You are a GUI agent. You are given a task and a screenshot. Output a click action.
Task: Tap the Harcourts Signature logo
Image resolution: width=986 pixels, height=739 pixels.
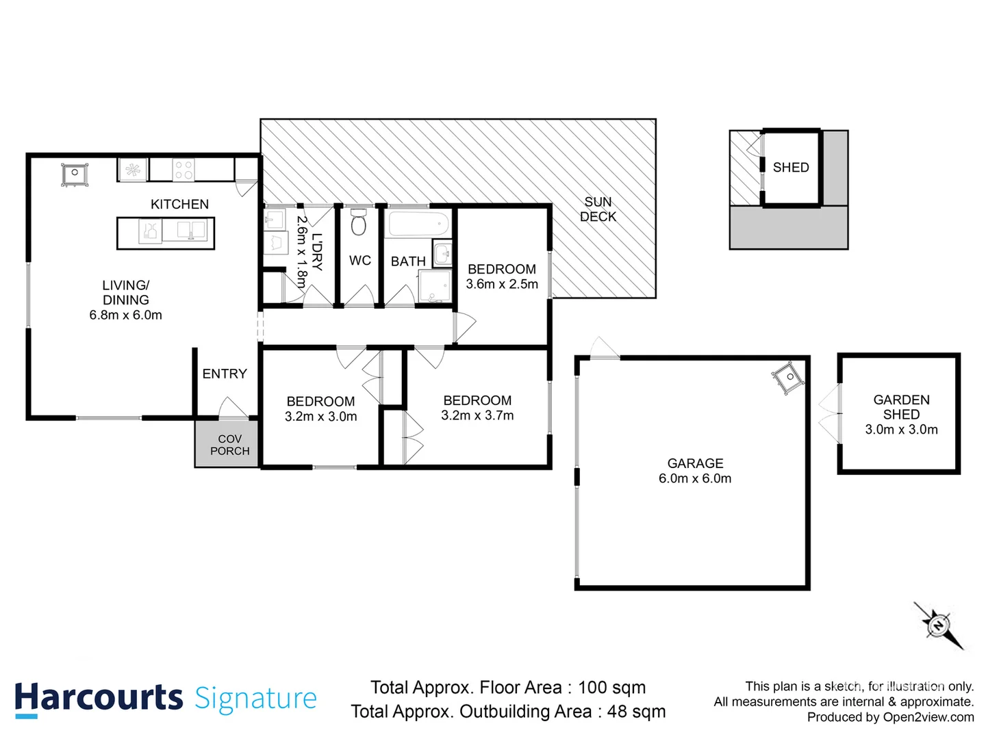click(166, 699)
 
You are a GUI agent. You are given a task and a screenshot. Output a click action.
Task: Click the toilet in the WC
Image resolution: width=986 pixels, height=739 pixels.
click(359, 222)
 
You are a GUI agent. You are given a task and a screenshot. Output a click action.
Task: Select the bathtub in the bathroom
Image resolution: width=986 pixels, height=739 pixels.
click(417, 224)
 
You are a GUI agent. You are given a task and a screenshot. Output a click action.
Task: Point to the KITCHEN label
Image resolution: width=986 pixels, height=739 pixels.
click(179, 204)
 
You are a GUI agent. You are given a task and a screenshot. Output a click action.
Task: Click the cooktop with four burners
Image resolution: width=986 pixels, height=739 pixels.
click(184, 170)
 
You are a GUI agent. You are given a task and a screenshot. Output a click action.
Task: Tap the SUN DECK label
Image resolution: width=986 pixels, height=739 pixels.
click(598, 209)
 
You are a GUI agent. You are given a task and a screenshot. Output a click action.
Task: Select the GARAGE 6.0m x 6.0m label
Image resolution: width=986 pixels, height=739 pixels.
click(694, 471)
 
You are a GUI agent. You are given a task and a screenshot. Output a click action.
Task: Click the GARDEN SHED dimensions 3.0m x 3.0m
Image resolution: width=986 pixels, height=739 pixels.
click(901, 430)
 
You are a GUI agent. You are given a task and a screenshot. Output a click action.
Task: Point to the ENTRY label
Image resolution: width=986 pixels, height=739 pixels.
click(224, 374)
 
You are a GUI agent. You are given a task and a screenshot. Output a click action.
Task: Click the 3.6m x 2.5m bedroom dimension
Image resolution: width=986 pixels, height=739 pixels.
click(502, 284)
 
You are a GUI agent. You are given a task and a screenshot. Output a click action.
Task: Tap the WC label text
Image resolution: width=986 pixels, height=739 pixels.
click(359, 261)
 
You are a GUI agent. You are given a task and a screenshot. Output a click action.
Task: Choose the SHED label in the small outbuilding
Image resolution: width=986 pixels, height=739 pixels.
click(790, 168)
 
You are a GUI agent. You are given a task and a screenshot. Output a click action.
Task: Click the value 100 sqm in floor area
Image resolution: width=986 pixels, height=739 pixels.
click(611, 687)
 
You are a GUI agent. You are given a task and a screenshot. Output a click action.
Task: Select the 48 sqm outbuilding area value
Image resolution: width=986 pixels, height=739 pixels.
click(636, 712)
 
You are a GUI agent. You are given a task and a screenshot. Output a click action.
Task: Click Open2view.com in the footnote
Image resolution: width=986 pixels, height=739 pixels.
click(928, 717)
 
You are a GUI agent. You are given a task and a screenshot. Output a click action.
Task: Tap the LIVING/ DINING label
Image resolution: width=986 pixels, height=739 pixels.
click(125, 292)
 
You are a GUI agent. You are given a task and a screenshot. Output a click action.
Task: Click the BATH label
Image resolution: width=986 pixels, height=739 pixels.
click(408, 261)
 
